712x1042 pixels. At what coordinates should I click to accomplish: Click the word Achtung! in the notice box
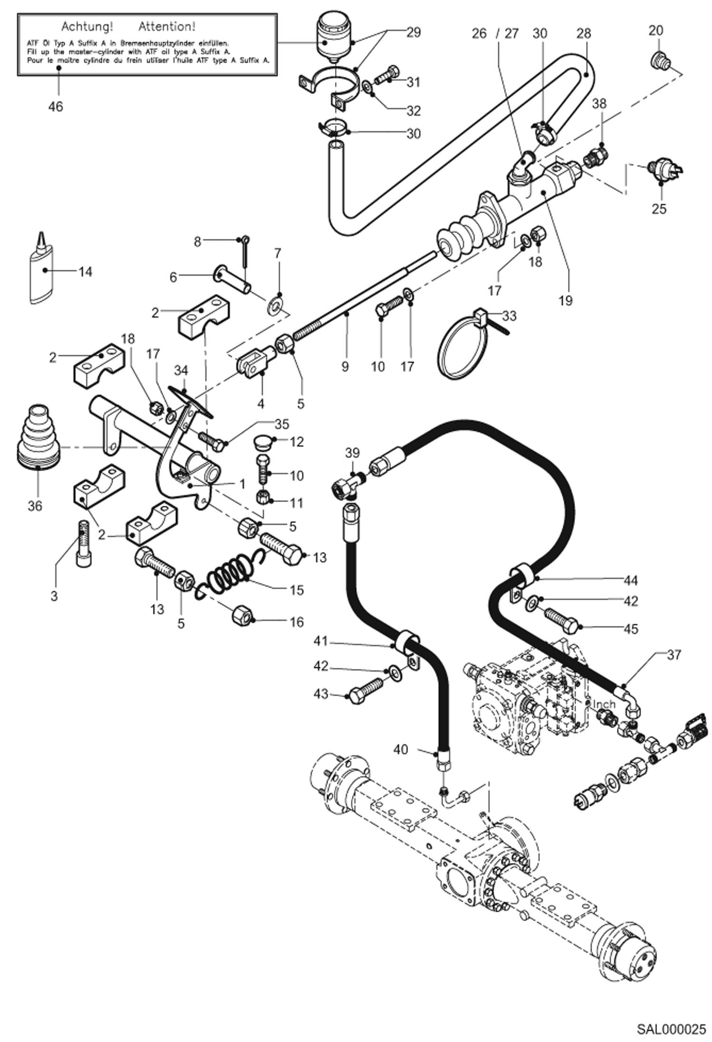(87, 26)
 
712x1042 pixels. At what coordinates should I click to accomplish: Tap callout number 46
(55, 106)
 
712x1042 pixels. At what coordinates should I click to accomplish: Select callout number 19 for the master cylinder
(566, 301)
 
